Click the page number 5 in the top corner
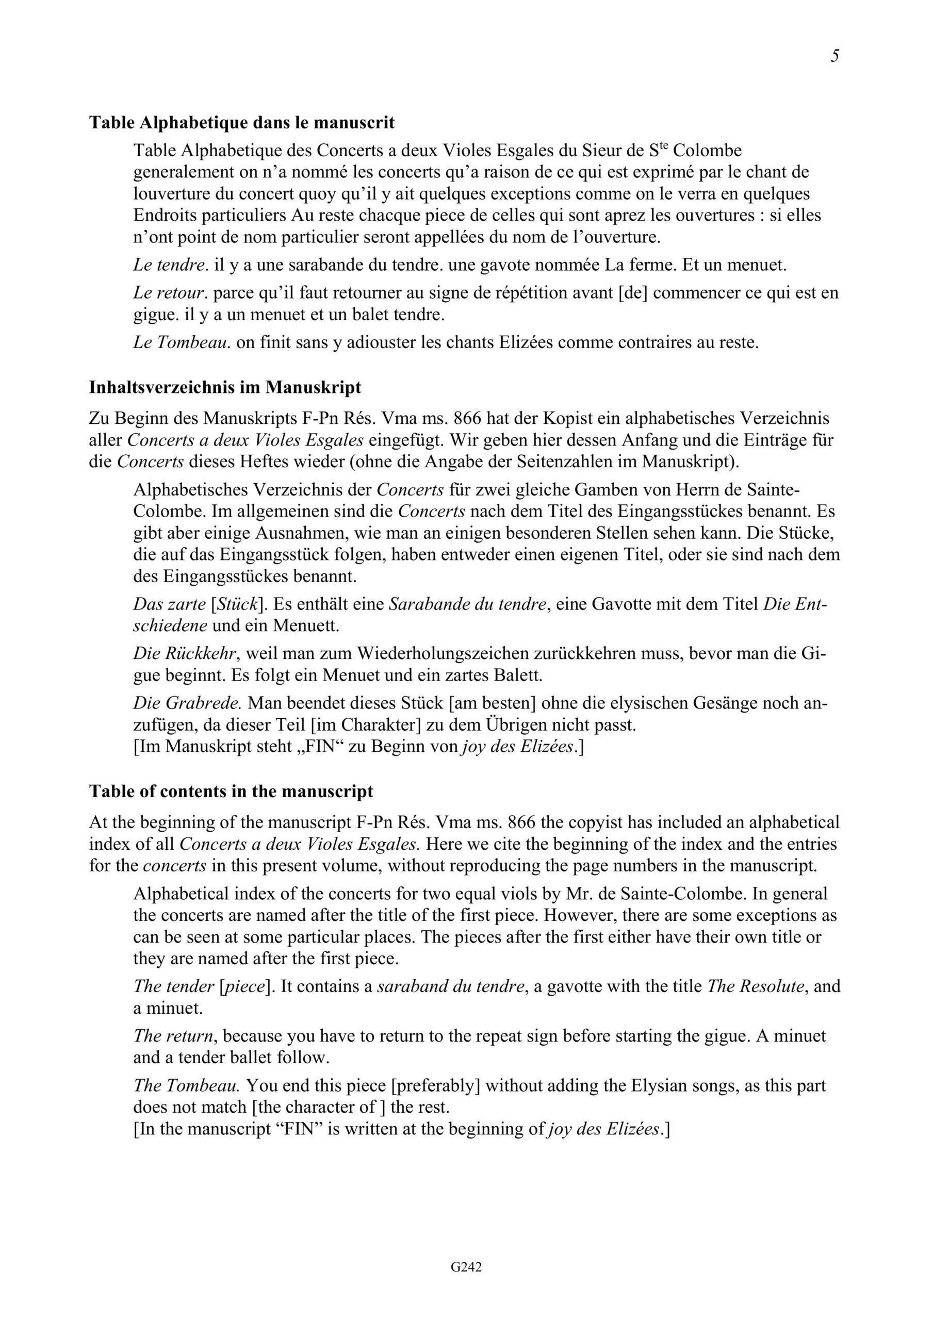(x=834, y=56)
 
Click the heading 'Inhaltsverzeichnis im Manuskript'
(x=225, y=387)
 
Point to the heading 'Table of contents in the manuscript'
(x=231, y=791)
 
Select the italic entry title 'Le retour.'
(x=170, y=293)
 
